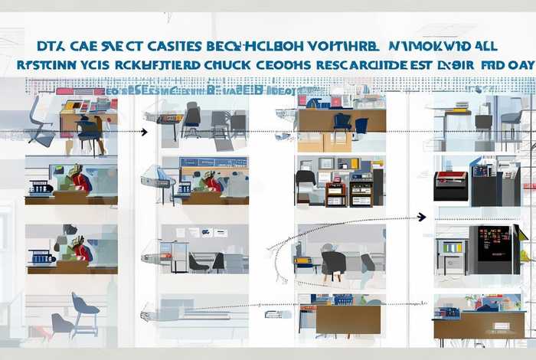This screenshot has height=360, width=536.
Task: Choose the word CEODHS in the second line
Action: coord(284,65)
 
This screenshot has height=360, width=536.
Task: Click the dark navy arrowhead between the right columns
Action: coord(421,218)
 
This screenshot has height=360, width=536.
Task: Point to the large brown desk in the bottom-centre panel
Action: coord(348,319)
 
